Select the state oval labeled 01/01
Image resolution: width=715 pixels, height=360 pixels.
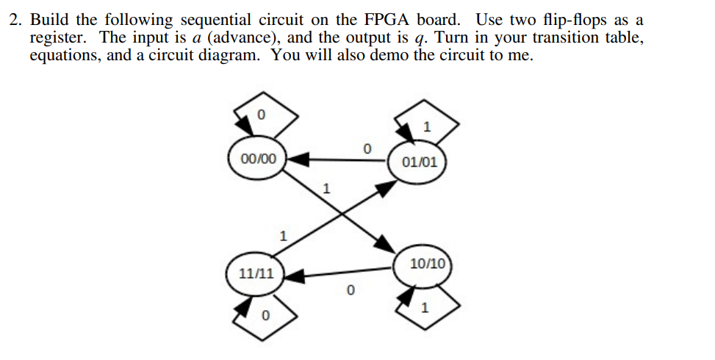point(420,162)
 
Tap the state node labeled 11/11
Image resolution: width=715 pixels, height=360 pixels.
point(256,273)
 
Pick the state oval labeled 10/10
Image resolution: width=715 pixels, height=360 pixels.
point(427,264)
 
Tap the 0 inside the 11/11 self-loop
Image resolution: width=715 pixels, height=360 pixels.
point(266,315)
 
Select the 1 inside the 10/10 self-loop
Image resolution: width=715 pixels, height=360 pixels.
point(424,307)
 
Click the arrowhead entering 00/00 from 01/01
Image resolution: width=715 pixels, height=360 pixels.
point(297,157)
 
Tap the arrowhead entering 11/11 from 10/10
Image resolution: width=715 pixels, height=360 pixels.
point(295,276)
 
